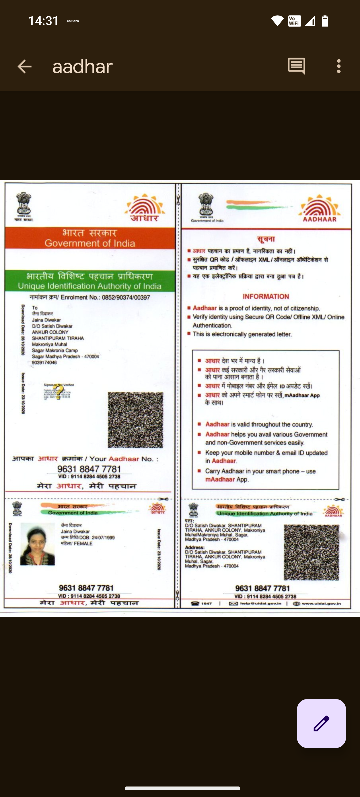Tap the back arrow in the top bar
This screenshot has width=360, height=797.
[25, 66]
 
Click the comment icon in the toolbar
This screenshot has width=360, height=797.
[296, 66]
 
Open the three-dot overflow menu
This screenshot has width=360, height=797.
[339, 66]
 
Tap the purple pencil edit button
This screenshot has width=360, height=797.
[321, 723]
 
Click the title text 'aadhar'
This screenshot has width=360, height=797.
[82, 67]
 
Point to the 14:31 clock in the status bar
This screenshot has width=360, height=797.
[43, 21]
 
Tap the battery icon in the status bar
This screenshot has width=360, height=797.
[325, 21]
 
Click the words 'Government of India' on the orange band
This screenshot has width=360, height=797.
[90, 243]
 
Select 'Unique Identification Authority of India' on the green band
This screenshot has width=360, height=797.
[90, 286]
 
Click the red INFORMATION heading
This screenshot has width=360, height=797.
[266, 297]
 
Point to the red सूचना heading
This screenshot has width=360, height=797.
[266, 239]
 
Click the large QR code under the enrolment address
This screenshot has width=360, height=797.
[135, 420]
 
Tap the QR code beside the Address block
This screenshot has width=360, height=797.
[311, 552]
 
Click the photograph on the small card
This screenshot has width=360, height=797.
[37, 544]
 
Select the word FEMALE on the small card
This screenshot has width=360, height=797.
[83, 543]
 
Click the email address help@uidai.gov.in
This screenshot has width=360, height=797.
[260, 603]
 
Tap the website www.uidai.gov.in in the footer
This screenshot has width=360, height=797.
[321, 603]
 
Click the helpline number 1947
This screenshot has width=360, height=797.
[206, 603]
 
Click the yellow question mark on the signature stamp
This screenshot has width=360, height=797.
[59, 392]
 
